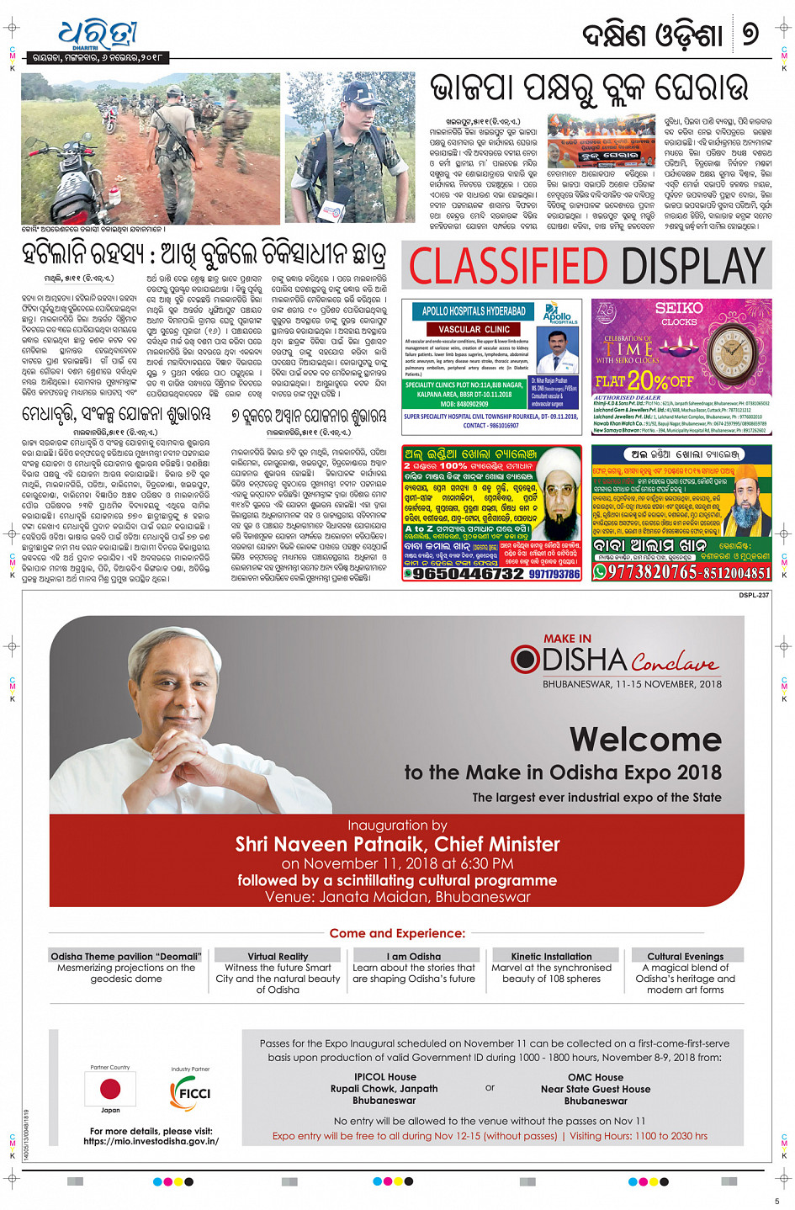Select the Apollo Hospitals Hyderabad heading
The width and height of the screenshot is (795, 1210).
tap(474, 311)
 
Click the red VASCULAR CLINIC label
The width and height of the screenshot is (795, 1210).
tap(474, 329)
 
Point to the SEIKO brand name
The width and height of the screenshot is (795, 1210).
tap(679, 308)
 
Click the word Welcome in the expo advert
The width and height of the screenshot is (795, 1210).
tap(645, 740)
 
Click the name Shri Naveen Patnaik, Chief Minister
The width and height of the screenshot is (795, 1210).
tap(397, 844)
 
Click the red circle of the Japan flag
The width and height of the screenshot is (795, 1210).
tap(110, 1089)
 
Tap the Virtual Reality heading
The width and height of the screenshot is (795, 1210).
tap(278, 956)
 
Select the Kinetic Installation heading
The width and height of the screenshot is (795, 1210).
tap(551, 956)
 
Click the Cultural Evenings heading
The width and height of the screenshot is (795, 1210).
tap(685, 956)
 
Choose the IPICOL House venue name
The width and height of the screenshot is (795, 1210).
tap(384, 1077)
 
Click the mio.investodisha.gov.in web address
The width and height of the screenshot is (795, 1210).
tap(151, 1141)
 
